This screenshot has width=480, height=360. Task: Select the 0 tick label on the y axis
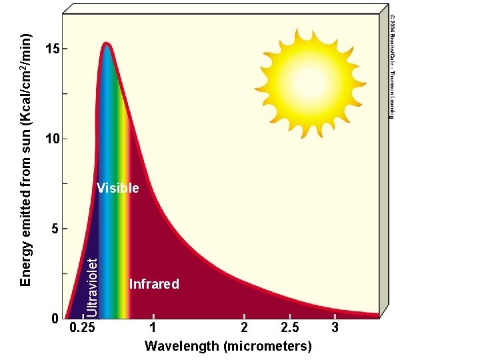click(x=56, y=319)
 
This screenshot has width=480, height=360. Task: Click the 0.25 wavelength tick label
click(x=83, y=328)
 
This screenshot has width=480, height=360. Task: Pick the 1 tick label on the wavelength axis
click(x=153, y=328)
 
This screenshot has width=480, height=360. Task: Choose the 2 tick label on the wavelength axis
click(x=245, y=328)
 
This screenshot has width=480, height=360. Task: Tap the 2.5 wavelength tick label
click(x=290, y=328)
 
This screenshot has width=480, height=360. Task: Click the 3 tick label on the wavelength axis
click(x=335, y=328)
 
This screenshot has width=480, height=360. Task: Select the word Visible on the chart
click(x=118, y=189)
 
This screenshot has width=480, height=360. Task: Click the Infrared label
click(x=154, y=285)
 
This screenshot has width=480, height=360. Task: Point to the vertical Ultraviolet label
click(x=94, y=279)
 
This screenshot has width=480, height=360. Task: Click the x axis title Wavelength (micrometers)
click(x=228, y=346)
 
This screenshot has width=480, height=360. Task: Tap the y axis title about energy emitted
click(x=25, y=160)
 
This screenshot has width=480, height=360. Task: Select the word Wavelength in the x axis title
click(x=182, y=346)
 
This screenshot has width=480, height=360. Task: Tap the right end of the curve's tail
click(x=377, y=315)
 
